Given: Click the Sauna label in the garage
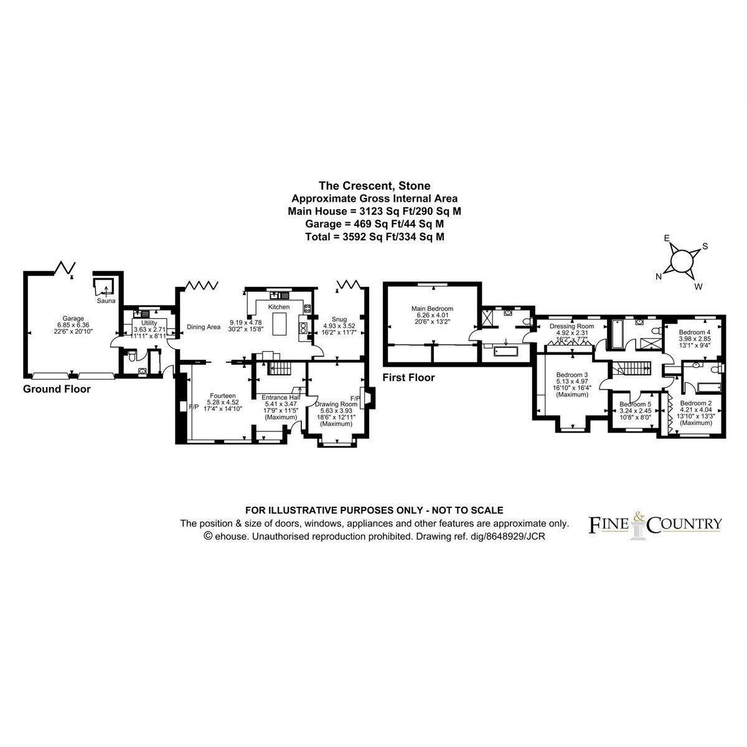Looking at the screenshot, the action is click(x=106, y=301).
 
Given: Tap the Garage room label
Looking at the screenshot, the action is click(x=73, y=319).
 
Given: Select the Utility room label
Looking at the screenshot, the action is click(x=149, y=323).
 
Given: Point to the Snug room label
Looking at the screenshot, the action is click(x=339, y=319).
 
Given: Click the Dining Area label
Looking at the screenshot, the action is click(x=204, y=327).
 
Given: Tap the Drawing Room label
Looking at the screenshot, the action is click(x=336, y=405).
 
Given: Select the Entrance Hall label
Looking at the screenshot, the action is click(x=281, y=397).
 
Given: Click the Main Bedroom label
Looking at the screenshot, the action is click(x=432, y=309).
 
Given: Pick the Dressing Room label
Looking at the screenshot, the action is click(x=572, y=326).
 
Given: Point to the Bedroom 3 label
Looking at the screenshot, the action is click(x=572, y=375).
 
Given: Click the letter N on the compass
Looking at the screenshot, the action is click(x=658, y=276).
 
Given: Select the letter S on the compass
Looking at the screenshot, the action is click(x=705, y=246).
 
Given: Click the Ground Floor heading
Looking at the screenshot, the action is click(x=57, y=389).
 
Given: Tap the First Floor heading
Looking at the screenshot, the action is click(x=408, y=377).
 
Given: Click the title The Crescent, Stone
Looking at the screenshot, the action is click(x=375, y=186).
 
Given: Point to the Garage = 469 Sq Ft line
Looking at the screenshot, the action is click(x=375, y=224).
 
